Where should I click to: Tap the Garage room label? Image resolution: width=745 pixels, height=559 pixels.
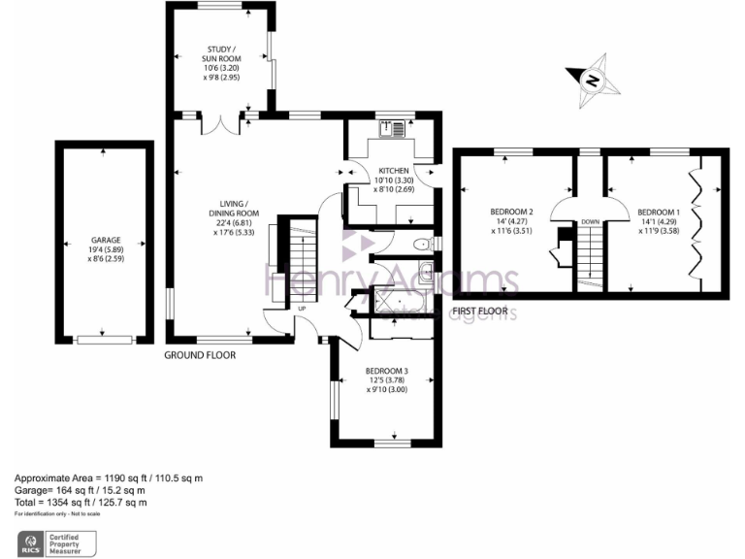(x=106, y=248)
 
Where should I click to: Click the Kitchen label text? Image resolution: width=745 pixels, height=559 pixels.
(x=394, y=180)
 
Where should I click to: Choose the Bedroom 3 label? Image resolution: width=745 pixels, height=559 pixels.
(x=386, y=380)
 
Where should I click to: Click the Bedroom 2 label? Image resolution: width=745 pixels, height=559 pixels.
(x=511, y=222)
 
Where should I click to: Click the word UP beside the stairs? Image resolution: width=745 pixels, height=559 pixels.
(x=302, y=309)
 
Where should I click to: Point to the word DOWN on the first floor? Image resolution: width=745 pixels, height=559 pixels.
(x=590, y=222)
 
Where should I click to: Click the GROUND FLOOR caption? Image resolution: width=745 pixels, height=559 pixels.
(x=200, y=355)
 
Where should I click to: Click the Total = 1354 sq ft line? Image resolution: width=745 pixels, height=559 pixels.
(x=81, y=503)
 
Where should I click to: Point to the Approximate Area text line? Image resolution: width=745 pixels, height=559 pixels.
(x=108, y=478)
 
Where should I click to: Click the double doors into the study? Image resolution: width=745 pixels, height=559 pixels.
(x=220, y=123)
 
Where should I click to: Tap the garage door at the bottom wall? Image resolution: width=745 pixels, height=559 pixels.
(x=106, y=339)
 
